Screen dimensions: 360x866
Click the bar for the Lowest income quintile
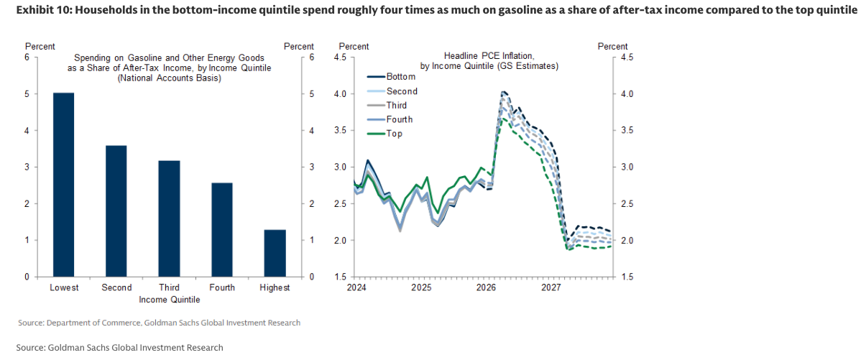[x=64, y=185]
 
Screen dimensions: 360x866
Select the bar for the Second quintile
[x=116, y=211]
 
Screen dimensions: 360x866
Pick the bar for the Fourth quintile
[x=222, y=230]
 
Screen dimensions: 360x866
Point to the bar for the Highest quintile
[x=275, y=253]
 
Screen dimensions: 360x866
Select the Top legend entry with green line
[x=394, y=134]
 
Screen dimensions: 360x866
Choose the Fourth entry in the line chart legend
[x=400, y=119]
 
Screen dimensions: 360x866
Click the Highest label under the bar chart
[x=275, y=288]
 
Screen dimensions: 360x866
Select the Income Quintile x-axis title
[x=170, y=299]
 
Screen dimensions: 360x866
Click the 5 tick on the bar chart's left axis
[x=27, y=94]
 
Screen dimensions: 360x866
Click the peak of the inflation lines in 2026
[x=503, y=92]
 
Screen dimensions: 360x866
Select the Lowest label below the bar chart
[x=64, y=288]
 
